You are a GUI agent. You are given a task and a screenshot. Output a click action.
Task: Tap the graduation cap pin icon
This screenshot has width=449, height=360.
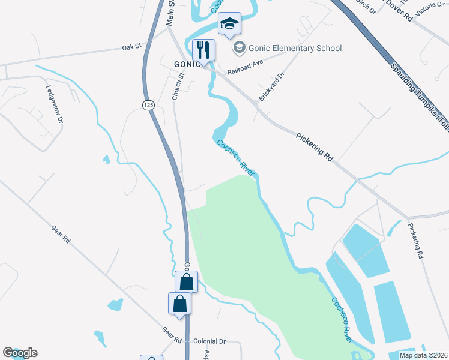pos(229,25)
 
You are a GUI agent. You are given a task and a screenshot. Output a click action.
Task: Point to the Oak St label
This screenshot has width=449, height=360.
pos(131,47)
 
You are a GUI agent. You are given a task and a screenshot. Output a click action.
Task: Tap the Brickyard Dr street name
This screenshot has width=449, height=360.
pos(271,86)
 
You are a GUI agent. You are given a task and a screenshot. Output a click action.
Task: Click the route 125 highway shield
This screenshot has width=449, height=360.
pos(148,105)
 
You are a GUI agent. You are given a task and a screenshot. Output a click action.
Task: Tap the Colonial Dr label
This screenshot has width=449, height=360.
pos(209,341)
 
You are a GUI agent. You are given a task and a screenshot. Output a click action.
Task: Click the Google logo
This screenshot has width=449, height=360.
pos(20,353)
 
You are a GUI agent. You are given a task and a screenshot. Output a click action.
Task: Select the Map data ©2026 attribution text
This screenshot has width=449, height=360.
pos(424,355)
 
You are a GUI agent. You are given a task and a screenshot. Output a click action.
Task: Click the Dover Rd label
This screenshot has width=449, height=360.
pos(399,10)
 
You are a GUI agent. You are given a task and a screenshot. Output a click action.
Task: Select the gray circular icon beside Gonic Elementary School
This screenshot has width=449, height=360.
pos(239,47)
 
